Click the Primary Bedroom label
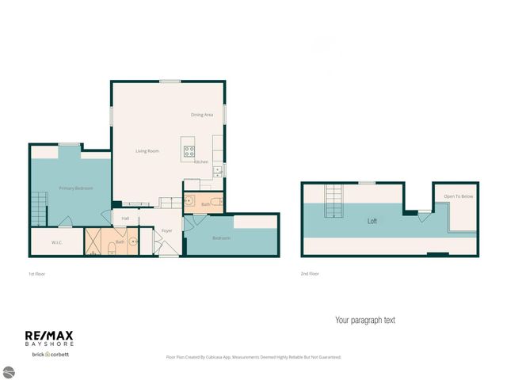pos(77,188)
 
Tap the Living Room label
pos(147,150)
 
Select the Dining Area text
pos(202,115)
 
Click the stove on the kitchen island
pos(190,150)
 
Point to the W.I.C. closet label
pos(57,242)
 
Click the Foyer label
pos(166,231)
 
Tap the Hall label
pos(125,218)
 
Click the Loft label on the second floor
pos(372,222)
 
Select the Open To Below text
pos(458,196)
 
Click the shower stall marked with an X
pos(95,242)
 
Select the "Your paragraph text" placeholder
pos(364,321)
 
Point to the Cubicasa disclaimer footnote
pos(253,357)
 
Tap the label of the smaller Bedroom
pos(221,238)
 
